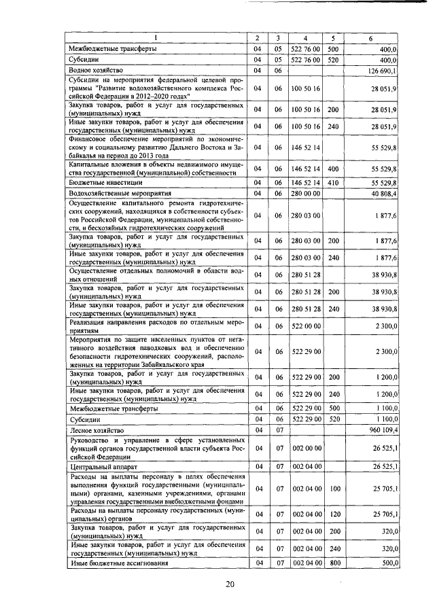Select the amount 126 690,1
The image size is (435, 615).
tap(384, 71)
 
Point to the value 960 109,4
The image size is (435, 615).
tap(384, 431)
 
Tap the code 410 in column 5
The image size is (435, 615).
tap(333, 183)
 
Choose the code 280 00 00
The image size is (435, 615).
tap(306, 194)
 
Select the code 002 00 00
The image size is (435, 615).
tap(306, 449)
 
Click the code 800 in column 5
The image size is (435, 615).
tap(333, 563)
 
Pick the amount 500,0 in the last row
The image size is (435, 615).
tap(388, 563)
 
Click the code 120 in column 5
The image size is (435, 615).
tap(333, 514)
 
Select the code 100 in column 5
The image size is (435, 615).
tap(333, 489)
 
